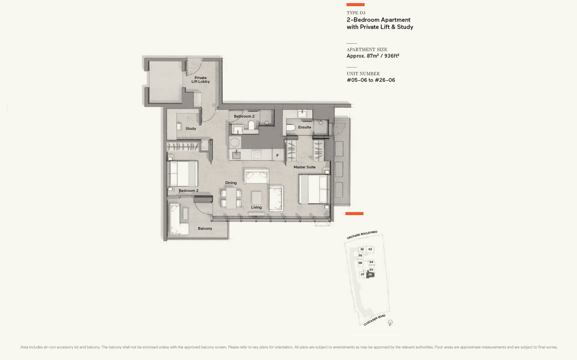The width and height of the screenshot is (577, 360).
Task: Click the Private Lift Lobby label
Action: pos(201,80)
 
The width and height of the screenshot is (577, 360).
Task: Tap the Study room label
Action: pos(191,128)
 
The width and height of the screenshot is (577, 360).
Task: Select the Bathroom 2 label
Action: pos(244,116)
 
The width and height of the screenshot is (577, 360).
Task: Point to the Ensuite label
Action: pos(304,127)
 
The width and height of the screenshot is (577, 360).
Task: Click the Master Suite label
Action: pos(304,167)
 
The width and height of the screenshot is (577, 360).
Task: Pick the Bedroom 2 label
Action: pos(188,190)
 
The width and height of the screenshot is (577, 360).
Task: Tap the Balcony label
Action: pos(205,228)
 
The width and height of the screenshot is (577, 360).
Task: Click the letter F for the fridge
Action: pos(277,155)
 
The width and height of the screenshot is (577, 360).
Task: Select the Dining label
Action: pos(231,183)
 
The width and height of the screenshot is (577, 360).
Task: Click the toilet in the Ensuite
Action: pos(291,127)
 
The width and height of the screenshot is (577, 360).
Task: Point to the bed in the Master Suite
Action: pos(314,189)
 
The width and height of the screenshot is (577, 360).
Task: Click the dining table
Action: pos(231,198)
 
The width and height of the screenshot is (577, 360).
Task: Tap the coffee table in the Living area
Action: pos(256,197)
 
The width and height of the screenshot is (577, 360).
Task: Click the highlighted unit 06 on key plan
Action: pos(370,275)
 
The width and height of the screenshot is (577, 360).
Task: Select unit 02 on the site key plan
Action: pos(362,249)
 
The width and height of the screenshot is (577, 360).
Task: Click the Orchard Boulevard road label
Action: pos(362,235)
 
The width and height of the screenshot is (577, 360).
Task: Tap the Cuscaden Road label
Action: pos(374,320)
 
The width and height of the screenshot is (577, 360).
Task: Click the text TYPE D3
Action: pos(356,13)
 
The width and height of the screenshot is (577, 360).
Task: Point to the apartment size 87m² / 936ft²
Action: pos(373,56)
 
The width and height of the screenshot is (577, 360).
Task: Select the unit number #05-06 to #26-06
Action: pos(371,80)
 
